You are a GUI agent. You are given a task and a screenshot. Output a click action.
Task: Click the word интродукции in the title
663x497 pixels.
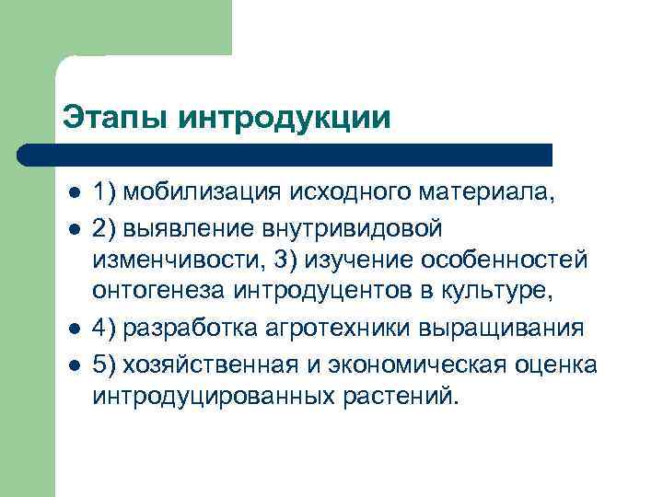[283, 118]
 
